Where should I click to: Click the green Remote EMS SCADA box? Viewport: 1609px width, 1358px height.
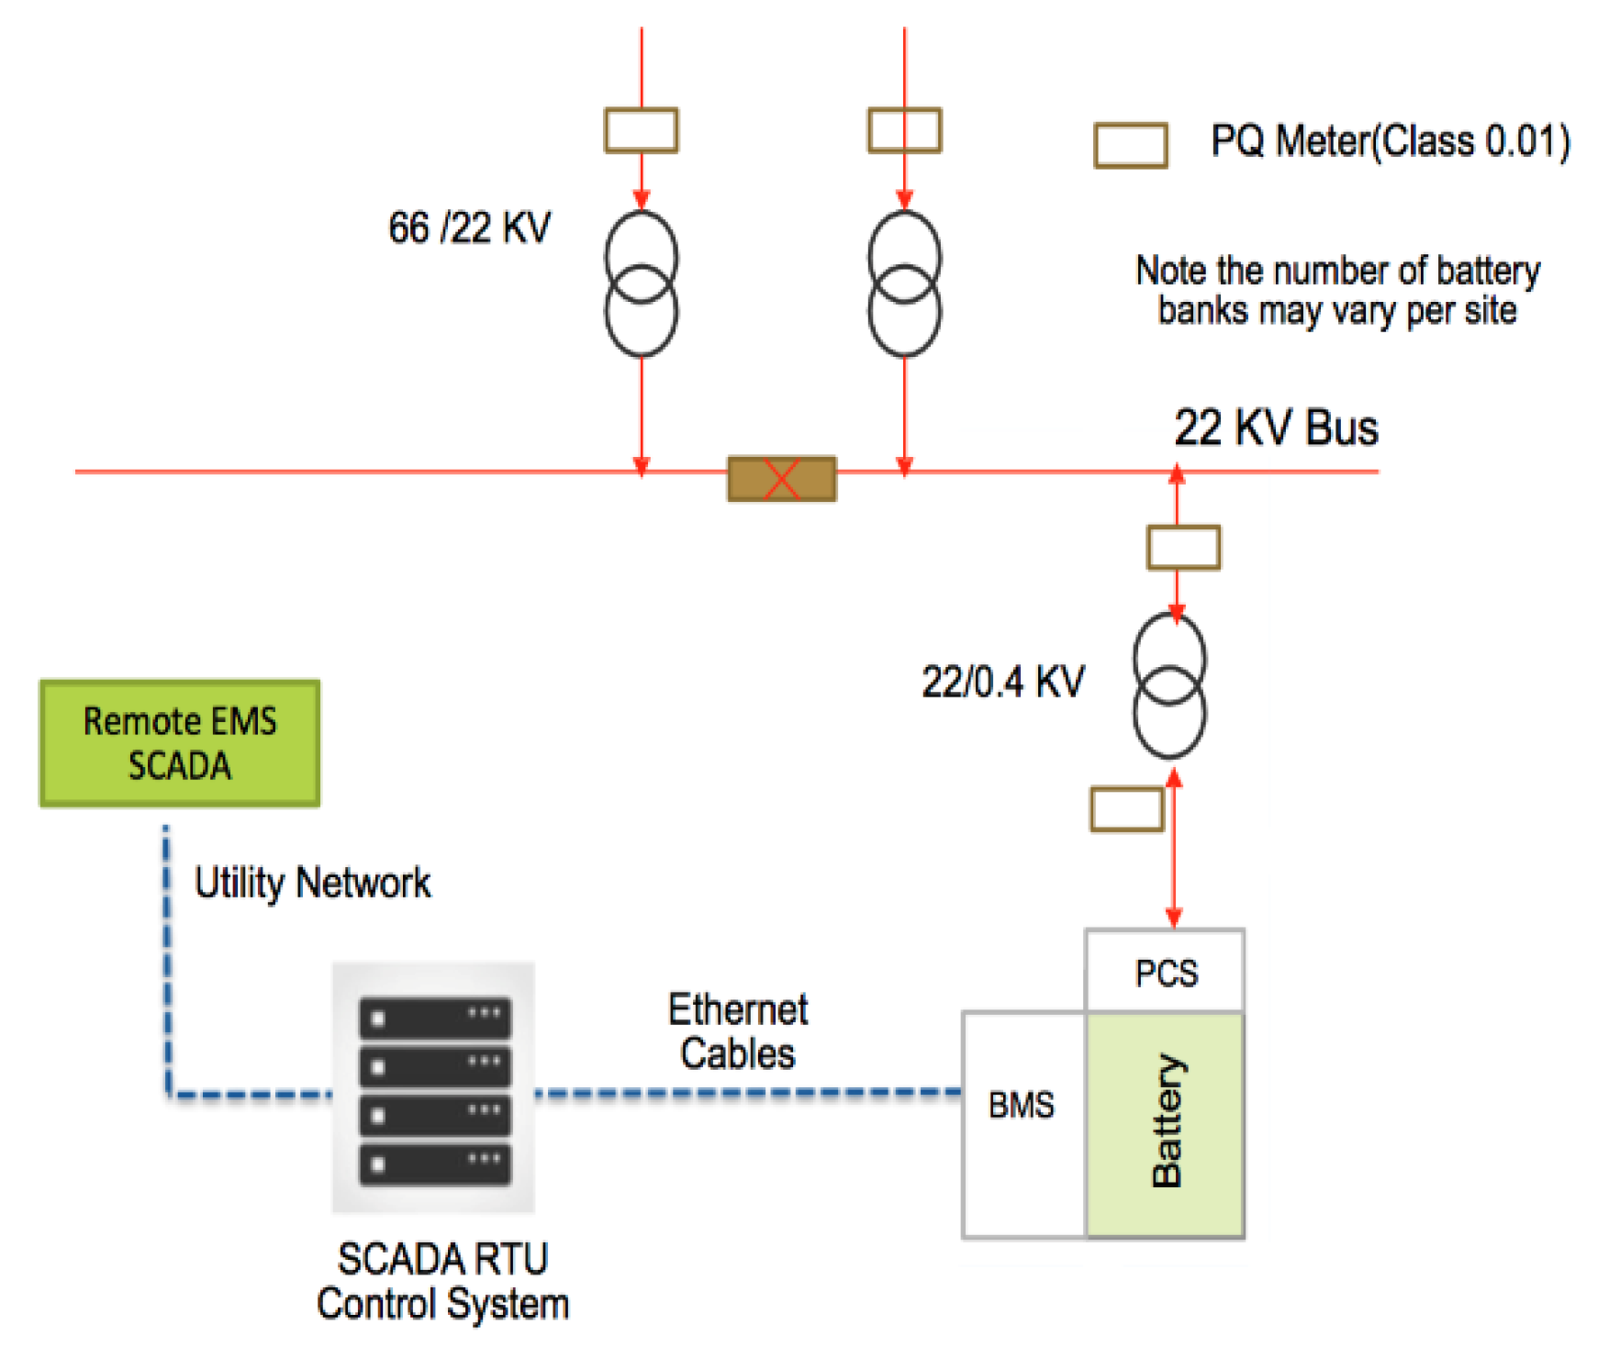click(180, 743)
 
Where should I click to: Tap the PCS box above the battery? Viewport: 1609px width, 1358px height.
click(1165, 972)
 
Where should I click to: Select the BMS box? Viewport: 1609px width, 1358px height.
click(1022, 1125)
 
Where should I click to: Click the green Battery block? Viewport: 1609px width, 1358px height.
click(1166, 1125)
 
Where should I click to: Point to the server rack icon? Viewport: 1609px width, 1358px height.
click(434, 1088)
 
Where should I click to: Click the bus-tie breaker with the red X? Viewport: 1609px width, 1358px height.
click(782, 478)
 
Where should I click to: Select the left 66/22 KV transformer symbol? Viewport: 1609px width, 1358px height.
click(641, 284)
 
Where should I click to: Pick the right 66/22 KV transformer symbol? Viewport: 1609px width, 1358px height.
click(904, 284)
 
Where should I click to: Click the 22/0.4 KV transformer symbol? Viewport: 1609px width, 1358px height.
click(1168, 685)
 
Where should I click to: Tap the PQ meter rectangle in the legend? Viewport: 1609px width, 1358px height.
click(1131, 145)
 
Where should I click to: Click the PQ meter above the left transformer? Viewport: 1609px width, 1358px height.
click(641, 130)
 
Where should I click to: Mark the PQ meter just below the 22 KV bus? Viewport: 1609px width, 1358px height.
click(1183, 548)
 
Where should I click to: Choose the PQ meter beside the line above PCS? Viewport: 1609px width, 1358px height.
click(1126, 809)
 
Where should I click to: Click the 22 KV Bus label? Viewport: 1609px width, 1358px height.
click(1276, 428)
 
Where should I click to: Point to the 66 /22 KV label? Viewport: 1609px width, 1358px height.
click(469, 228)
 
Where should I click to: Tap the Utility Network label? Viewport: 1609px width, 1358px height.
click(312, 883)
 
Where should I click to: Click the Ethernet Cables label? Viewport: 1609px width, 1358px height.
click(738, 1031)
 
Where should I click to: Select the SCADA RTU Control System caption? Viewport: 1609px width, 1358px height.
click(442, 1281)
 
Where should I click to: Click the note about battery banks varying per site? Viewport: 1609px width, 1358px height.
click(1337, 290)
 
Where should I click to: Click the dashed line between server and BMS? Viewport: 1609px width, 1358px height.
click(748, 1092)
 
